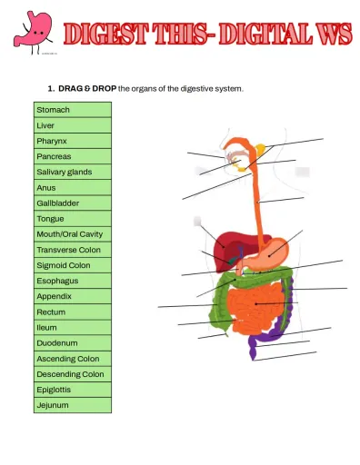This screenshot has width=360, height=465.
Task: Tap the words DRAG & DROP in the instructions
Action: coord(86,88)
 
